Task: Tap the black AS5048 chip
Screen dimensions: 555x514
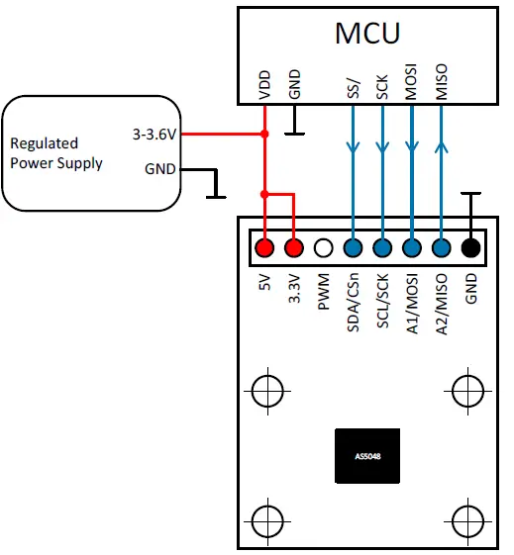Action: (366, 457)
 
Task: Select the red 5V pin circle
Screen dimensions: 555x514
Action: (263, 248)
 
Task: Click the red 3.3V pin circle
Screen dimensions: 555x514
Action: (293, 248)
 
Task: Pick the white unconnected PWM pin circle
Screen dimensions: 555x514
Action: (323, 248)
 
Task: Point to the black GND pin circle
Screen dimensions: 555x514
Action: (471, 248)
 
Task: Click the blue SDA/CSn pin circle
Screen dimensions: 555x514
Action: (353, 248)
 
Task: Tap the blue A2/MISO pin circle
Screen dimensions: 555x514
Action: (442, 248)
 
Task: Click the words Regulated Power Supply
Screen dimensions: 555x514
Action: (56, 153)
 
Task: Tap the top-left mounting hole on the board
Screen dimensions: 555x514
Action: (264, 392)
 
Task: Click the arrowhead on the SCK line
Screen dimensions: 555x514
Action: (382, 148)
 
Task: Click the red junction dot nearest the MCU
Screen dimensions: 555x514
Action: (264, 136)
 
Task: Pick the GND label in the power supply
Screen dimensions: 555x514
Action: (159, 168)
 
